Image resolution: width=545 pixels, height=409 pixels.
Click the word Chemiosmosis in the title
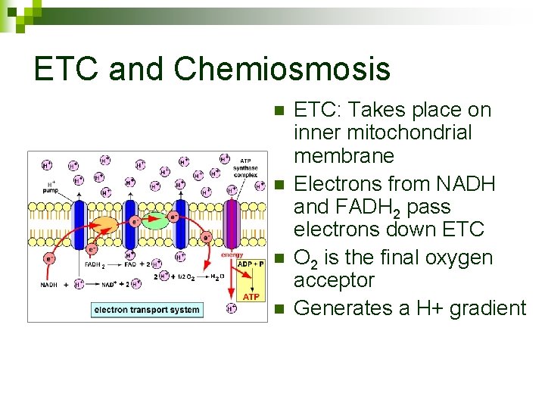pos(282,70)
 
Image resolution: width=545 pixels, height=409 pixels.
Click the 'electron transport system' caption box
pos(148,309)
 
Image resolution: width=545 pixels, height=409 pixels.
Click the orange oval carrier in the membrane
pos(107,225)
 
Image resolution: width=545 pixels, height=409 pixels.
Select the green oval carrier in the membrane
pos(156,220)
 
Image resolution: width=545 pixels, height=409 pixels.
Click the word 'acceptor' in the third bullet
pos(333,280)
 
